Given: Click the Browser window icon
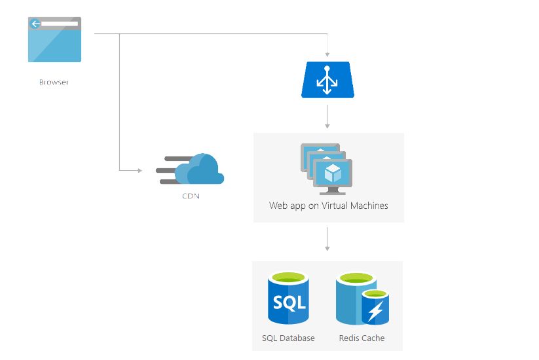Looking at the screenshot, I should tap(54, 40).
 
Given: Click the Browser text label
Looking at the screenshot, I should tap(54, 82).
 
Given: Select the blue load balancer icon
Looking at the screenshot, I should tap(327, 80).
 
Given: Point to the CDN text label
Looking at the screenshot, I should tap(191, 195).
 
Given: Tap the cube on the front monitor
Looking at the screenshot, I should tap(333, 173).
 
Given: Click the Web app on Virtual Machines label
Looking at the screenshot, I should tap(328, 206).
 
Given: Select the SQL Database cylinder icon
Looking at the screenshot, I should tap(288, 299).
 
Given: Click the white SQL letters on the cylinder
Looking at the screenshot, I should tap(288, 303).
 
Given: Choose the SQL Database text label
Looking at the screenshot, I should tap(288, 338).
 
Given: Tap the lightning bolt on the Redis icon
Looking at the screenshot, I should tap(375, 311).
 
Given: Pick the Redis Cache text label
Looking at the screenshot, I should tap(362, 338).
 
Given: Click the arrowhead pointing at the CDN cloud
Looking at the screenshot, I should tap(139, 171).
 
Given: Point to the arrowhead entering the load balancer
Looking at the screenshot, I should tap(327, 55).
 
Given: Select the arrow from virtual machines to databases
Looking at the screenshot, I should tap(327, 240).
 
